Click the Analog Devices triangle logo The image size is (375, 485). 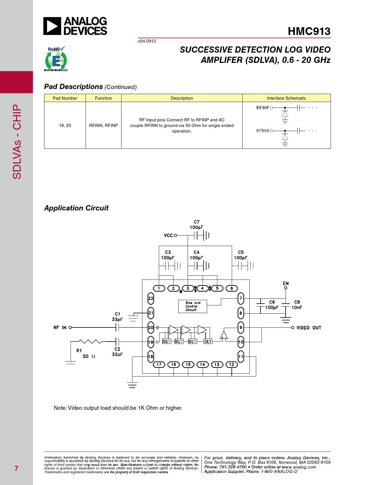52,26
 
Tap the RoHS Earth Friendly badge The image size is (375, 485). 56,59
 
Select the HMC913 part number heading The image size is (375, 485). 309,31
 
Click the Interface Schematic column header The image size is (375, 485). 286,98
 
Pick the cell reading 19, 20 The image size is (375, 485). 65,126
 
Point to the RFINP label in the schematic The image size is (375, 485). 263,108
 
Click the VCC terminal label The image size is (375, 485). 168,235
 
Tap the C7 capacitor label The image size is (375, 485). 196,222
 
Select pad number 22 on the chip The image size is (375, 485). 151,298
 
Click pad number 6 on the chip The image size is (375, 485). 231,288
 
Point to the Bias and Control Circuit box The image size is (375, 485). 193,306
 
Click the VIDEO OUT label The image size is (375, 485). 309,328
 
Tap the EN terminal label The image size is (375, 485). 286,283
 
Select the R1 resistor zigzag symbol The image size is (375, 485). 90,342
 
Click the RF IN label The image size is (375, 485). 60,328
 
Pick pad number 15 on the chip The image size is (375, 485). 188,364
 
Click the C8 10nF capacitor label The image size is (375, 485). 297,305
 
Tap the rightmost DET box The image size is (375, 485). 208,342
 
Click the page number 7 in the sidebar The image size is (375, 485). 16,468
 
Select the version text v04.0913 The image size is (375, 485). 147,41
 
